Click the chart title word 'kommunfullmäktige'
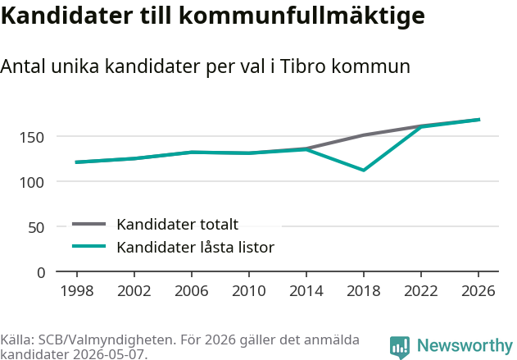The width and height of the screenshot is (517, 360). pos(302,16)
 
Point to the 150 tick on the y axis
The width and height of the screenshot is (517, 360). pos(32,137)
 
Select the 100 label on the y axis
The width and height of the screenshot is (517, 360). pos(32,182)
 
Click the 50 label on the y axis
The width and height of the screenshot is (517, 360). pos(36,227)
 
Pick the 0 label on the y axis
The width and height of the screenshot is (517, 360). pos(41,272)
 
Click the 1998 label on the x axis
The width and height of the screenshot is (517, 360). pos(77,290)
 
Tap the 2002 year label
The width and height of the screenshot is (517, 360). pos(134,290)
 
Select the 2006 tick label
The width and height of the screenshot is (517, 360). pos(192,290)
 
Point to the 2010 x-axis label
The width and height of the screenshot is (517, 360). pos(249,290)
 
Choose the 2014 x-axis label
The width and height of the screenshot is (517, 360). pos(306,290)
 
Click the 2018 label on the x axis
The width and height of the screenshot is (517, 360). pos(364,290)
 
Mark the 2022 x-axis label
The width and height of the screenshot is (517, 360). pos(421,290)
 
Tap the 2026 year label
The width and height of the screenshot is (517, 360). pos(478,290)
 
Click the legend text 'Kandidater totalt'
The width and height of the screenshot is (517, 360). pos(178,225)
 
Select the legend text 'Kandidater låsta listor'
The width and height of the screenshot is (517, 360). pos(196,247)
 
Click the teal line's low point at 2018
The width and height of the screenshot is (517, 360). pos(363,170)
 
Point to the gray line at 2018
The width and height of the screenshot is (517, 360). pos(364,135)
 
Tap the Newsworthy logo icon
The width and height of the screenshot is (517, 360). pos(400,347)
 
